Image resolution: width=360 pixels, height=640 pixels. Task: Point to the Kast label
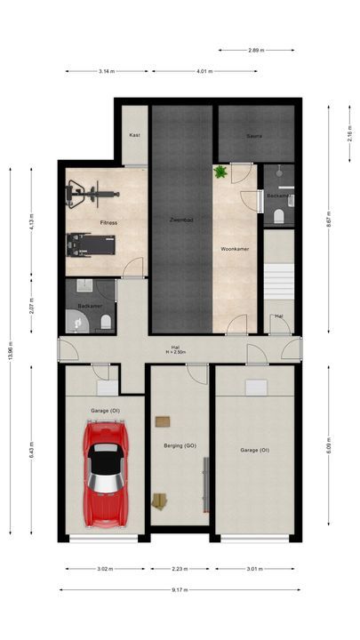[135, 135]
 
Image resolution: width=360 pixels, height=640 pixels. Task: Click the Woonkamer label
[235, 249]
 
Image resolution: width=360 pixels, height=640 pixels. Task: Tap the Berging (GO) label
[180, 445]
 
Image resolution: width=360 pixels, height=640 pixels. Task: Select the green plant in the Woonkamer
[220, 172]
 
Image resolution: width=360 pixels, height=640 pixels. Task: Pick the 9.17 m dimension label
[180, 588]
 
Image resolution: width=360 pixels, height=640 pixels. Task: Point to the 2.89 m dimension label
[255, 51]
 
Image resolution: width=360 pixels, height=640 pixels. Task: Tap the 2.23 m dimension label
[179, 569]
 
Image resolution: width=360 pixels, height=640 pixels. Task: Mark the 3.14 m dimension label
[107, 71]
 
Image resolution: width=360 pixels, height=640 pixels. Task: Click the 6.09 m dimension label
[329, 447]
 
